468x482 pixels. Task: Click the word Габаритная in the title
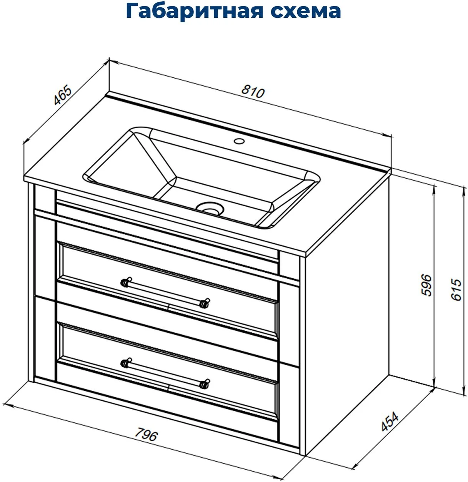click(195, 12)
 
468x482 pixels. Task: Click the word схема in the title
click(306, 12)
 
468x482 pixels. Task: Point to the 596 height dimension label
click(426, 285)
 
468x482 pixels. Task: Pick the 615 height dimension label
click(456, 290)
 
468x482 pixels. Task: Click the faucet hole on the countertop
click(239, 141)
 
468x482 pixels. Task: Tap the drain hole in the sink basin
click(210, 209)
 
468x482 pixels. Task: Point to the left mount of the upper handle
click(126, 282)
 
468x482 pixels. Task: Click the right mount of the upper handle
click(205, 303)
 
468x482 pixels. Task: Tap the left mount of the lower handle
click(126, 363)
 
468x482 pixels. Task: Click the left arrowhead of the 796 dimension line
click(6, 405)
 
